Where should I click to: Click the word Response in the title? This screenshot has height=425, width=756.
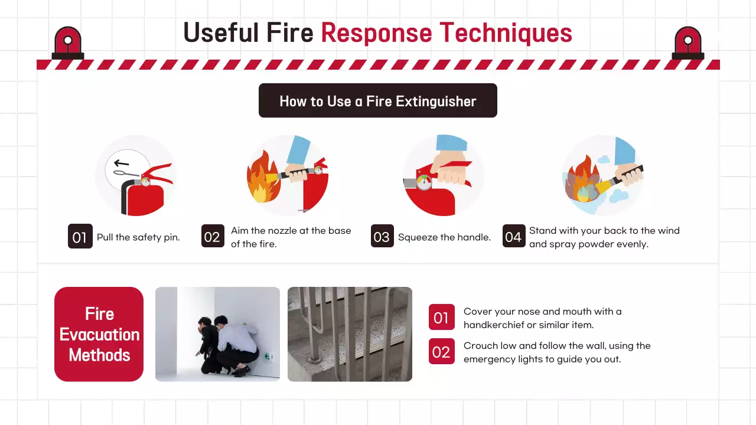376,34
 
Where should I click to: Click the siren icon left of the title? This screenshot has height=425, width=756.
68,43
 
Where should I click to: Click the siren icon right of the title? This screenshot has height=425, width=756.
688,43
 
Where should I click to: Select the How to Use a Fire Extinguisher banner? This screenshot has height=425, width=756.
377,100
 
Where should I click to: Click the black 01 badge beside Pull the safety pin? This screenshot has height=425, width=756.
80,236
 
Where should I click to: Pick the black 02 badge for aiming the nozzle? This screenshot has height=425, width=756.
213,236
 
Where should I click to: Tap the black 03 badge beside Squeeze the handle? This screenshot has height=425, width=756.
382,236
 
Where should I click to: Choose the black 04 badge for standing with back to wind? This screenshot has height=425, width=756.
514,236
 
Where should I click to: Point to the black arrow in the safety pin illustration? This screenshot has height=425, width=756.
121,164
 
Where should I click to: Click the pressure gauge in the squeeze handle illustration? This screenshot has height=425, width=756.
424,182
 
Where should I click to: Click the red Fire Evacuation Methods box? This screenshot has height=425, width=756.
99,334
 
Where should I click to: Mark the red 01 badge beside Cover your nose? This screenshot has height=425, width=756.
441,317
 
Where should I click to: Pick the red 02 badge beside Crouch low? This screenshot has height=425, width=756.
441,351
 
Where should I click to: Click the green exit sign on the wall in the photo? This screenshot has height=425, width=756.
268,356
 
